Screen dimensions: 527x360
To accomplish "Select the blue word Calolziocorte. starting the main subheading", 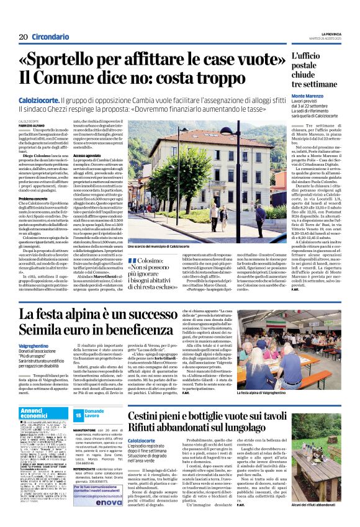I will (x=39, y=99).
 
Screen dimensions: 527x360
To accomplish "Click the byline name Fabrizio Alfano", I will (x=32, y=127).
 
